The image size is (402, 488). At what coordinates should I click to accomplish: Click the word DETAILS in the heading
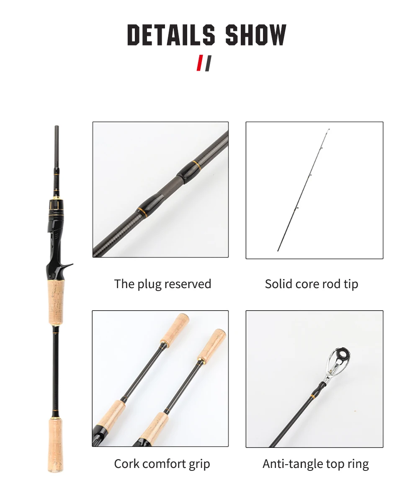pyautogui.click(x=171, y=35)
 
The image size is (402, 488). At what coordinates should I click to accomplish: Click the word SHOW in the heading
pyautogui.click(x=255, y=35)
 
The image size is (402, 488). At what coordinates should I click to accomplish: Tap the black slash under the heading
pyautogui.click(x=208, y=63)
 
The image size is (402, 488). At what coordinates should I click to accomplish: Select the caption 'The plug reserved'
pyautogui.click(x=162, y=284)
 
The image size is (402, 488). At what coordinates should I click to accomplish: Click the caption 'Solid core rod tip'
pyautogui.click(x=312, y=284)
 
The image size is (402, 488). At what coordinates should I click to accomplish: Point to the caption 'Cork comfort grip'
pyautogui.click(x=162, y=464)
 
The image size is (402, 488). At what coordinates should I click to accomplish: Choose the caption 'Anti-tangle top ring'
pyautogui.click(x=316, y=464)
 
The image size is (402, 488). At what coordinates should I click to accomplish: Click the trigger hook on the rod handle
pyautogui.click(x=66, y=266)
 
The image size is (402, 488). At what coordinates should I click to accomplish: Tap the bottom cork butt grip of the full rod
pyautogui.click(x=56, y=445)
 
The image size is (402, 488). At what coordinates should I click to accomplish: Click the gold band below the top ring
pyautogui.click(x=312, y=396)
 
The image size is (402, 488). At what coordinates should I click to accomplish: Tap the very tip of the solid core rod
pyautogui.click(x=329, y=129)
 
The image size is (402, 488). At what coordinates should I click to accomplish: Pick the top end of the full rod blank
pyautogui.click(x=57, y=126)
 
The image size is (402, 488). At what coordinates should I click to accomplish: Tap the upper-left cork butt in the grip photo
pyautogui.click(x=175, y=329)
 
